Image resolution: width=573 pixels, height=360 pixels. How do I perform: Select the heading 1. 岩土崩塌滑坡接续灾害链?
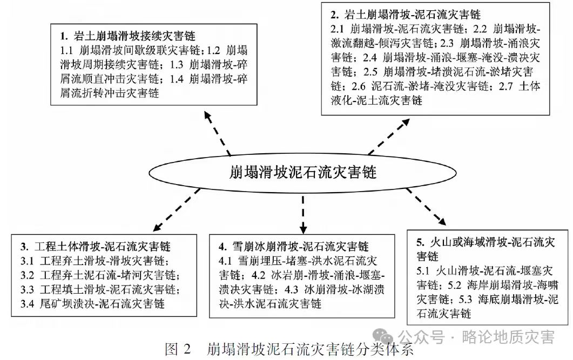click(x=127, y=37)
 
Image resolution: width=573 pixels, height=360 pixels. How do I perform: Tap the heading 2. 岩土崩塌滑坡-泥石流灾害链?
click(x=405, y=14)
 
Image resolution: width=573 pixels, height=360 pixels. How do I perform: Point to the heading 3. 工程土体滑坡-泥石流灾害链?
click(x=96, y=247)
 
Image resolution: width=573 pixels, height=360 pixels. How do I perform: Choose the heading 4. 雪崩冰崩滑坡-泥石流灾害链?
click(x=294, y=247)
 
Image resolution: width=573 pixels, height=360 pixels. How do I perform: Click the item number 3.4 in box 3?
click(x=28, y=304)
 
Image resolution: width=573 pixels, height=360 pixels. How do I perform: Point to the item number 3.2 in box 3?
click(x=28, y=275)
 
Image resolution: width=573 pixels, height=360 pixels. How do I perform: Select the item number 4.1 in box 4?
click(x=225, y=261)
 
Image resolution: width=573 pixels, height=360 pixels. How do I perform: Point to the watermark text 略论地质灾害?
click(x=508, y=337)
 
